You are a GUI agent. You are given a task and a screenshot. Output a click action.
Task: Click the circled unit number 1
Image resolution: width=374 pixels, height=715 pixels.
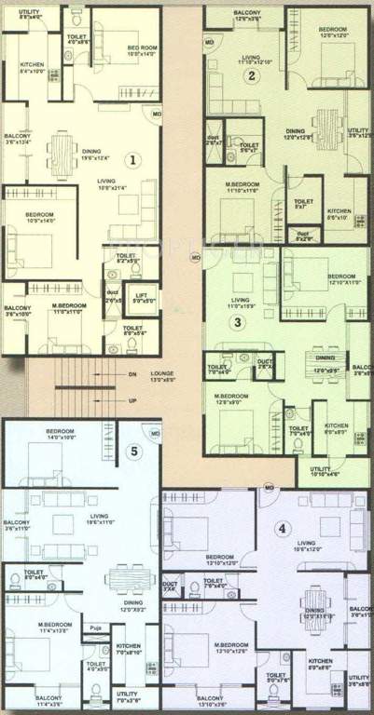click(x=133, y=159)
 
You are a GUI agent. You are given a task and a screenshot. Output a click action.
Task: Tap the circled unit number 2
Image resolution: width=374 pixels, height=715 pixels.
click(x=251, y=76)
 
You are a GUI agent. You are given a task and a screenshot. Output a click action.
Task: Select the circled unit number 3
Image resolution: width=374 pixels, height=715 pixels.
click(x=239, y=323)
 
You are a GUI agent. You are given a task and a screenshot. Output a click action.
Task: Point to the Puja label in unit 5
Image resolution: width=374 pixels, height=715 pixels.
click(x=95, y=628)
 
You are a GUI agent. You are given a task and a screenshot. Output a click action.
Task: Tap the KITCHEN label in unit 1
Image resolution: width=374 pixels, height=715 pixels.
click(x=32, y=63)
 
